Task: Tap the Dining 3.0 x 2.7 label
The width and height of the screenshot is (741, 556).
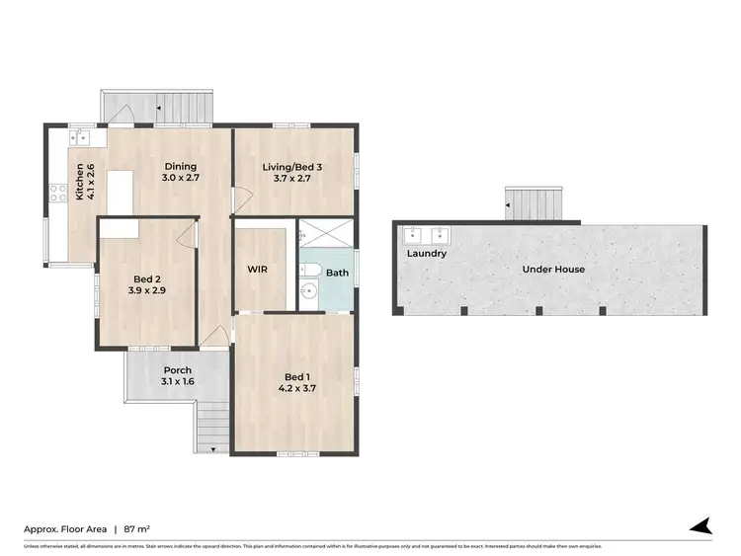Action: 181,167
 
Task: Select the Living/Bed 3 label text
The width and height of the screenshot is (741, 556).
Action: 292,167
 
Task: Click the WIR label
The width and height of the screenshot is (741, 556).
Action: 257,269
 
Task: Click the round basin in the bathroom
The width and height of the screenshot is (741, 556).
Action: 309,291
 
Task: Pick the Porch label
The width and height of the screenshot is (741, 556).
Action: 178,371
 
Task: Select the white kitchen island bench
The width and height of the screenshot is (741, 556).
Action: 121,191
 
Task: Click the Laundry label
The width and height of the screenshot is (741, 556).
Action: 426,254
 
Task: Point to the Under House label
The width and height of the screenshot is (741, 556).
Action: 554,269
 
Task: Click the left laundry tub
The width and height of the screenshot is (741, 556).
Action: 412,235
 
